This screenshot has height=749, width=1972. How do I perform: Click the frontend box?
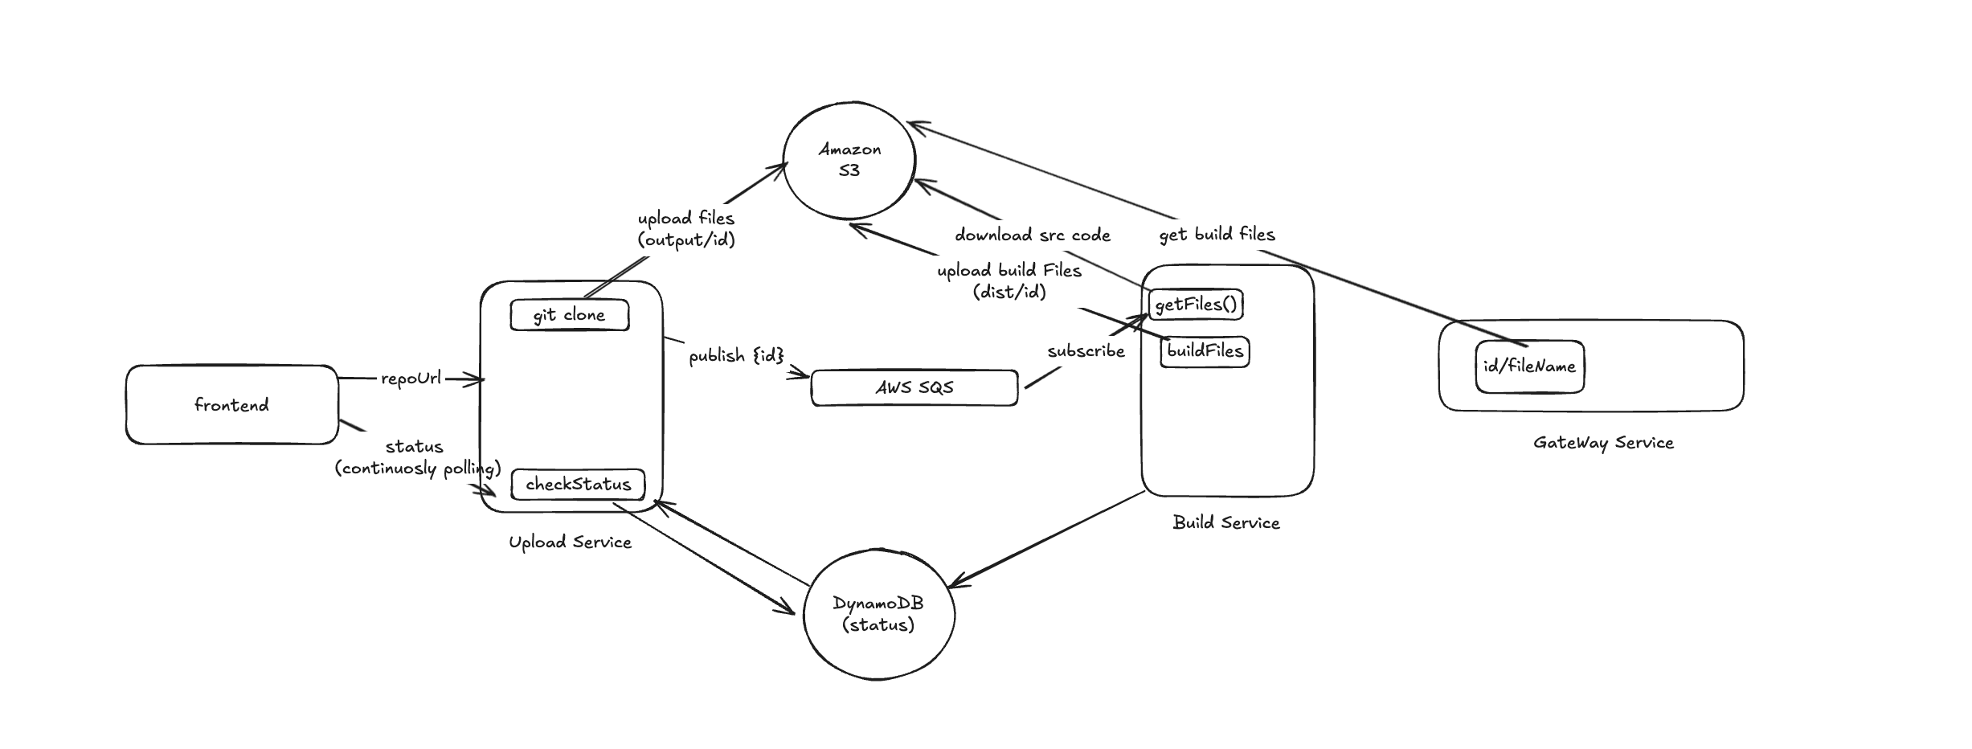click(231, 404)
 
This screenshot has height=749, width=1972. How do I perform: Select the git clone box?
click(569, 315)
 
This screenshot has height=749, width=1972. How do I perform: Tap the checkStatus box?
click(578, 485)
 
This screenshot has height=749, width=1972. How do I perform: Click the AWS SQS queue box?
click(914, 387)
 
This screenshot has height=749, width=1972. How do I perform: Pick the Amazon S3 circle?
click(849, 160)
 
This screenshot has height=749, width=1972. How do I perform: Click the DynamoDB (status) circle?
click(878, 614)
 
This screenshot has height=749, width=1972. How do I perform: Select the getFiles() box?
click(1196, 305)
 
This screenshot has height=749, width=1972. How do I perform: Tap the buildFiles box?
click(1205, 351)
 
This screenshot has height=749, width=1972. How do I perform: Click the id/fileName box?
click(1529, 366)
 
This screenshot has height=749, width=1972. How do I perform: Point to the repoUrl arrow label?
click(411, 378)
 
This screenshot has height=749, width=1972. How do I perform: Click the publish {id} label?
click(735, 354)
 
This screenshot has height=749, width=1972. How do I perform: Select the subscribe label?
click(1086, 351)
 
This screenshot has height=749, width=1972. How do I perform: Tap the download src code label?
click(1033, 235)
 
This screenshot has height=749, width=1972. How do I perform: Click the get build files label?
click(1217, 235)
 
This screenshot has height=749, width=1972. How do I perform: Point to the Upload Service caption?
click(570, 542)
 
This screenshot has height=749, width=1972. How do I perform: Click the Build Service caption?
click(1225, 522)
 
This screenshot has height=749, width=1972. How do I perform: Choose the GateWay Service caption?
click(1603, 443)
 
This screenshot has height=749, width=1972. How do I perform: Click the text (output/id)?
click(686, 239)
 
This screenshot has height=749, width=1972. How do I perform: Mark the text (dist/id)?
click(1009, 292)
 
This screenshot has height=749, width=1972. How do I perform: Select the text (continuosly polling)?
click(418, 468)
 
